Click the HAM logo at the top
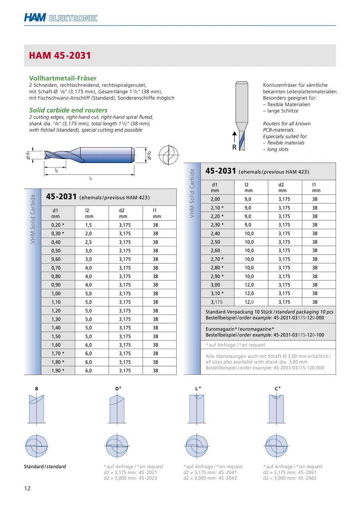[35, 17]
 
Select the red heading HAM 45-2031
[60, 56]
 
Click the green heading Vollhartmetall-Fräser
[63, 78]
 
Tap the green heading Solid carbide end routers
[68, 110]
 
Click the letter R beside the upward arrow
[234, 147]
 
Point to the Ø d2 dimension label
[149, 155]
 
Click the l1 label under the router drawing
[91, 178]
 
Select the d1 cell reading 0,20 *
[58, 225]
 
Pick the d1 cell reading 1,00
[56, 294]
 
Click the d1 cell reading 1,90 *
[58, 370]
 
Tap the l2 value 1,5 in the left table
[89, 225]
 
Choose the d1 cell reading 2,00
[215, 199]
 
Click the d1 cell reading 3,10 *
[217, 294]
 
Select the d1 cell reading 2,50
[215, 242]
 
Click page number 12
[27, 488]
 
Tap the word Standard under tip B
[34, 467]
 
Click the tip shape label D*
[118, 389]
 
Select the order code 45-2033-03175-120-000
[299, 368]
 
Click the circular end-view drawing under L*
[197, 446]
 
